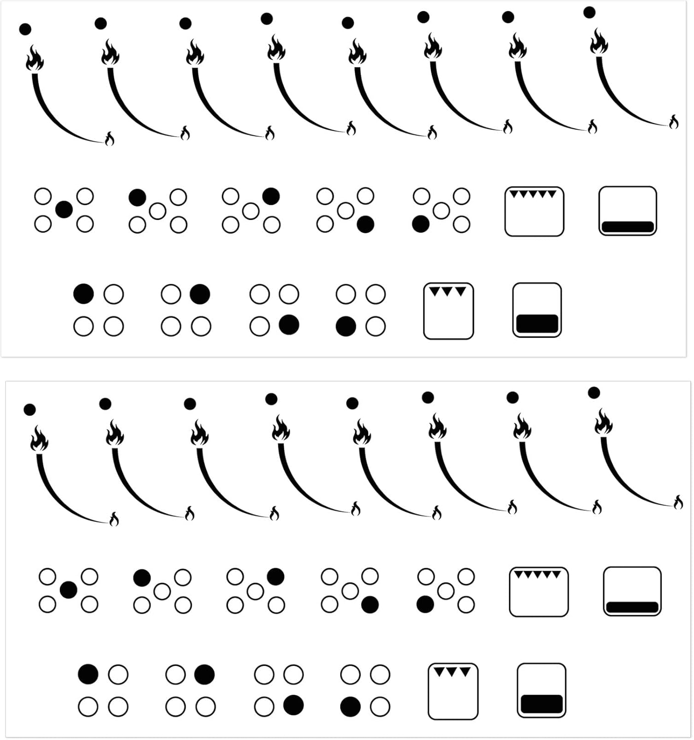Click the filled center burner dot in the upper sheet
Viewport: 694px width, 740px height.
[64, 210]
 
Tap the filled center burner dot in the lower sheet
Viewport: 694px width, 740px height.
[68, 590]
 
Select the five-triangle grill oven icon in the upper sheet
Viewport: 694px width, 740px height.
[534, 211]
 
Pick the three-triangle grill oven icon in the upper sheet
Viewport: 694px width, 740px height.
[448, 311]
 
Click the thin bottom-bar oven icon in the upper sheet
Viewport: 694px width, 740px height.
[627, 211]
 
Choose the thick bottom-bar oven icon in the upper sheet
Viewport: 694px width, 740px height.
[537, 310]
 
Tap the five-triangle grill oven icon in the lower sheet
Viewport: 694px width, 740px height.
[539, 592]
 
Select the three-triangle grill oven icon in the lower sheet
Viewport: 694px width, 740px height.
[453, 691]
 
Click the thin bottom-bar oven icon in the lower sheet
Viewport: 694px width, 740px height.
[632, 591]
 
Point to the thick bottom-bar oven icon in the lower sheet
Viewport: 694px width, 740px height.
[541, 690]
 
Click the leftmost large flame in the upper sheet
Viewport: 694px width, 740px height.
[35, 58]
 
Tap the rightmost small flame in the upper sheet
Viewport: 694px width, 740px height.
[674, 121]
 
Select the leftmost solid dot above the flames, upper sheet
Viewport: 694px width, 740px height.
[25, 29]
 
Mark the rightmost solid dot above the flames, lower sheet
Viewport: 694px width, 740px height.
[594, 393]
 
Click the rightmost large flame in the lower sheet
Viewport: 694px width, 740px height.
[603, 423]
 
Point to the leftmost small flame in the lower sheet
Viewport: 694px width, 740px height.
[114, 519]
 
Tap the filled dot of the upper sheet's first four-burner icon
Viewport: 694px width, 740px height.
[83, 294]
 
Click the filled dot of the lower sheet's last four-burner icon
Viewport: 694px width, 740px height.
[350, 707]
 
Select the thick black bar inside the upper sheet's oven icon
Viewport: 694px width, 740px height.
[537, 323]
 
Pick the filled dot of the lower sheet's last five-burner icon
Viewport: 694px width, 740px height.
[425, 604]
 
